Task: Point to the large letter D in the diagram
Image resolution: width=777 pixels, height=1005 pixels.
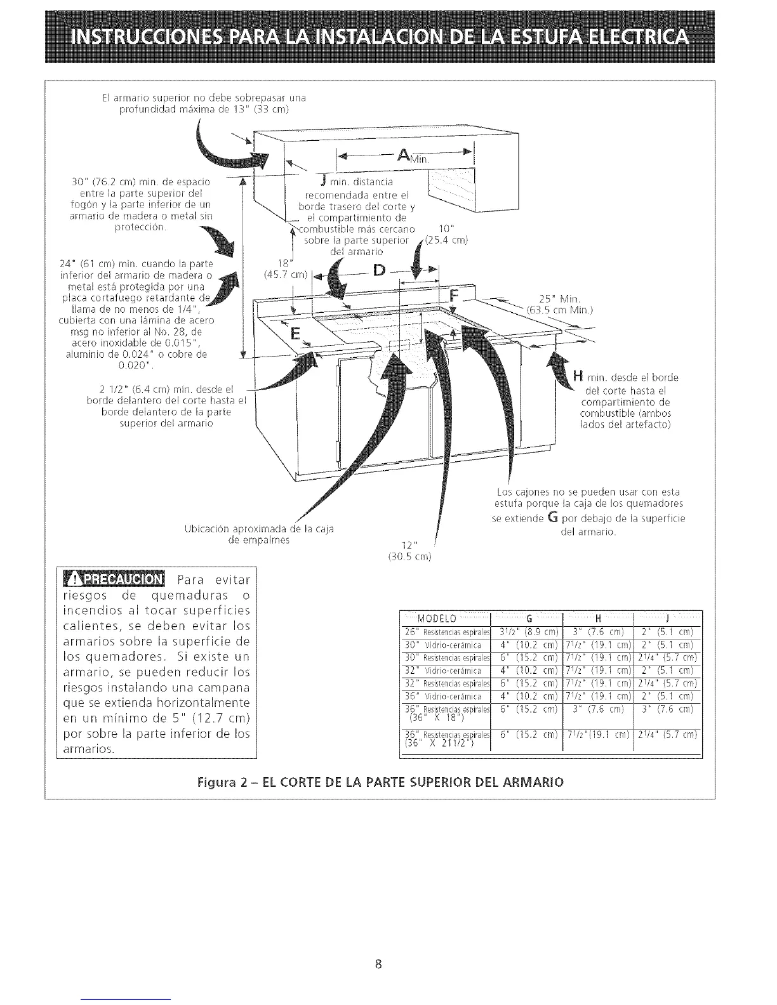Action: coord(379,272)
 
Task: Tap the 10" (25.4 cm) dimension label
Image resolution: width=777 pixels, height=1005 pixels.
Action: coord(446,234)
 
